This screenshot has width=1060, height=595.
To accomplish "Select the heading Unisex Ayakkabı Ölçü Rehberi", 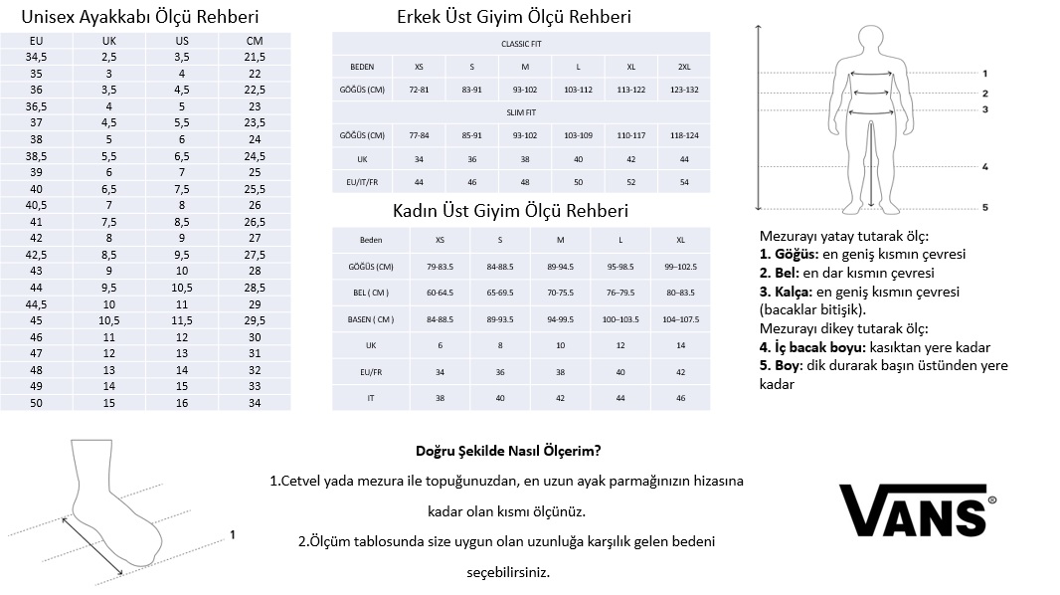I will coord(139,17).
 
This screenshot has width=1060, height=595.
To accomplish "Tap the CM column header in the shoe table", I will coord(255,40).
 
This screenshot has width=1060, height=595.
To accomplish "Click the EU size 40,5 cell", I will coord(37,205).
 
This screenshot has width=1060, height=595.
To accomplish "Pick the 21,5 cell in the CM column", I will coord(255,57).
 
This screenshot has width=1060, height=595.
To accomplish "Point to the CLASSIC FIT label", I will coord(521,44).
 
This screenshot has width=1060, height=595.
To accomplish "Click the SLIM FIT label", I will coord(521,112).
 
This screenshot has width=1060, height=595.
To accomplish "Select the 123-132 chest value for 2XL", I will coord(684,90).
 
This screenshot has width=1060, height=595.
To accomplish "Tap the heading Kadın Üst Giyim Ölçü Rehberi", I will coord(511,211).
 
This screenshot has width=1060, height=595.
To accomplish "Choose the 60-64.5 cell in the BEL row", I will coord(441,293).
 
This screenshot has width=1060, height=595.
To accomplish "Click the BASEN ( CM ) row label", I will coord(371,318).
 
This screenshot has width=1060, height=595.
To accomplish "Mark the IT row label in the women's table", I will coord(371,397).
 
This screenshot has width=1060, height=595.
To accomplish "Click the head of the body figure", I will coord(871,39).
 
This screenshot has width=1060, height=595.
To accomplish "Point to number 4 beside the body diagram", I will coord(984,167).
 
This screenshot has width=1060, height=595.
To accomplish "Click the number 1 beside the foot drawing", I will coord(232,534).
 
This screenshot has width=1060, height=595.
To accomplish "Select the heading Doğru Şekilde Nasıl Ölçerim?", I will coord(507,450).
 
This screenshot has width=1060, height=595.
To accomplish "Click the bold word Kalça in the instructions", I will coord(790,292).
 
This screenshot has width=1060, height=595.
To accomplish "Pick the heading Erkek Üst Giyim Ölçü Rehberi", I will coord(513,17).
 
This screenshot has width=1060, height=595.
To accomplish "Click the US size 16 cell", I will coord(182,402).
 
